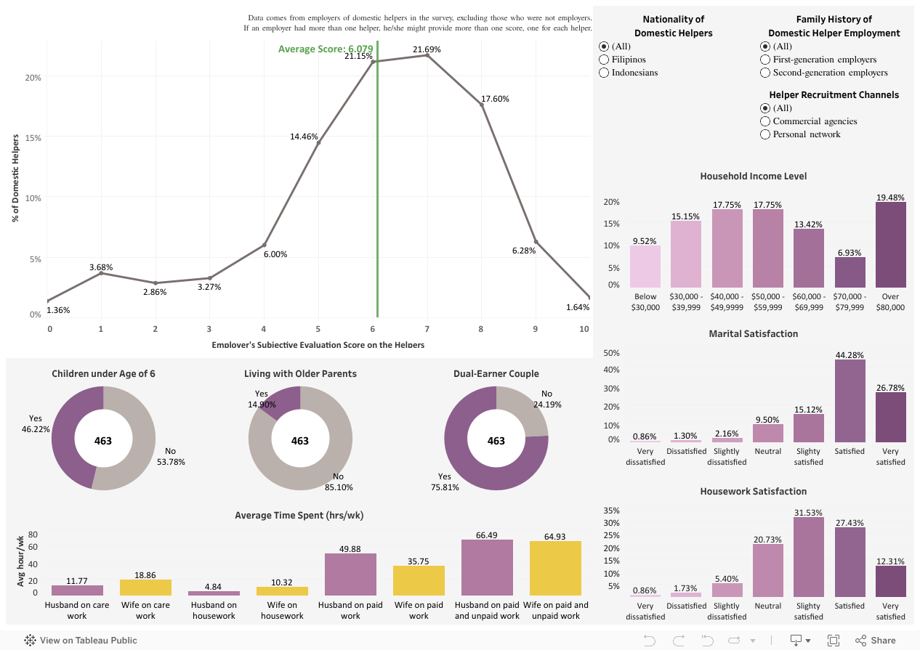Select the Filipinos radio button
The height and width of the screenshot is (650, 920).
604,60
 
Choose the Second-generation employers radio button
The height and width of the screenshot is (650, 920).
765,73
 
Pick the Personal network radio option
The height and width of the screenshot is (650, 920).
765,134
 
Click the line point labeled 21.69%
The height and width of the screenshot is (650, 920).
427,55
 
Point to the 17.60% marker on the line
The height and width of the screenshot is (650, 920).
481,105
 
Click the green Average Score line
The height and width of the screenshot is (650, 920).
377,182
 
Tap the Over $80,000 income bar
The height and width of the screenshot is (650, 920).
890,245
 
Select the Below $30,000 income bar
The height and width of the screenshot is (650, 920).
645,267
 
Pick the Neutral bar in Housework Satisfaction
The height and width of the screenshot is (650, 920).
768,570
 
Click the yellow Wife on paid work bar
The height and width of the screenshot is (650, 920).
419,581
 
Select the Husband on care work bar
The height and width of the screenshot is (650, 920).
77,590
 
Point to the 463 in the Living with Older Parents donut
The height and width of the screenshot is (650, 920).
300,441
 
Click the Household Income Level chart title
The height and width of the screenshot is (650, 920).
753,176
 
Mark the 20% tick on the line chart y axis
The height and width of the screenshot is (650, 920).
34,78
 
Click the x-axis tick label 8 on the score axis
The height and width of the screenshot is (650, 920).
480,329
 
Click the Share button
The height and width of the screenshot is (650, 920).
876,641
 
